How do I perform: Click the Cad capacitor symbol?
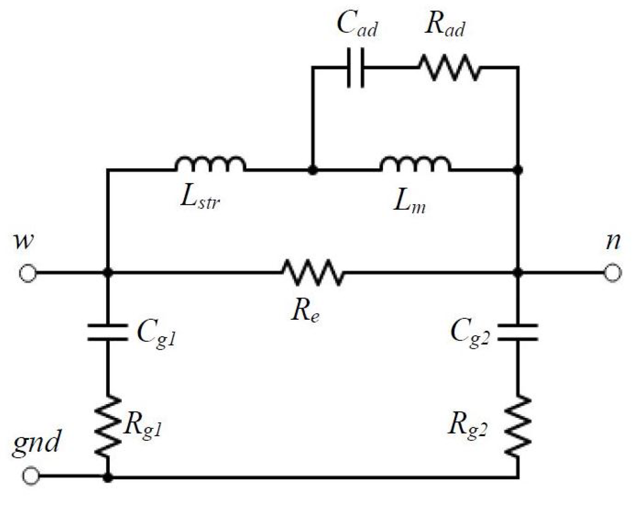[x=355, y=68]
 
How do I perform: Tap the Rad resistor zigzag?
[x=449, y=68]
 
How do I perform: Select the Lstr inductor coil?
[x=211, y=165]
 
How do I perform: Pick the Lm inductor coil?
[x=415, y=165]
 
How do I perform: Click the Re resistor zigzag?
[x=313, y=272]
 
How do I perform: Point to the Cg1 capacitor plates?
[x=108, y=332]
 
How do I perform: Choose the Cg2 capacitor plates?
[x=517, y=332]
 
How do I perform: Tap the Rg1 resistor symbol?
[x=108, y=426]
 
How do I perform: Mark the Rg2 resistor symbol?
[x=517, y=426]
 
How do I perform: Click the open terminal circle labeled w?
[x=28, y=273]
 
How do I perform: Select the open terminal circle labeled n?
[x=612, y=273]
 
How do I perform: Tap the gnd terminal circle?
[x=31, y=475]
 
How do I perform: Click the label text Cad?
[x=357, y=25]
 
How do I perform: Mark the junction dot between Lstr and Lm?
[x=313, y=170]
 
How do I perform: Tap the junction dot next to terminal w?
[x=108, y=272]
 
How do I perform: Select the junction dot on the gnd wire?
[x=108, y=477]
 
